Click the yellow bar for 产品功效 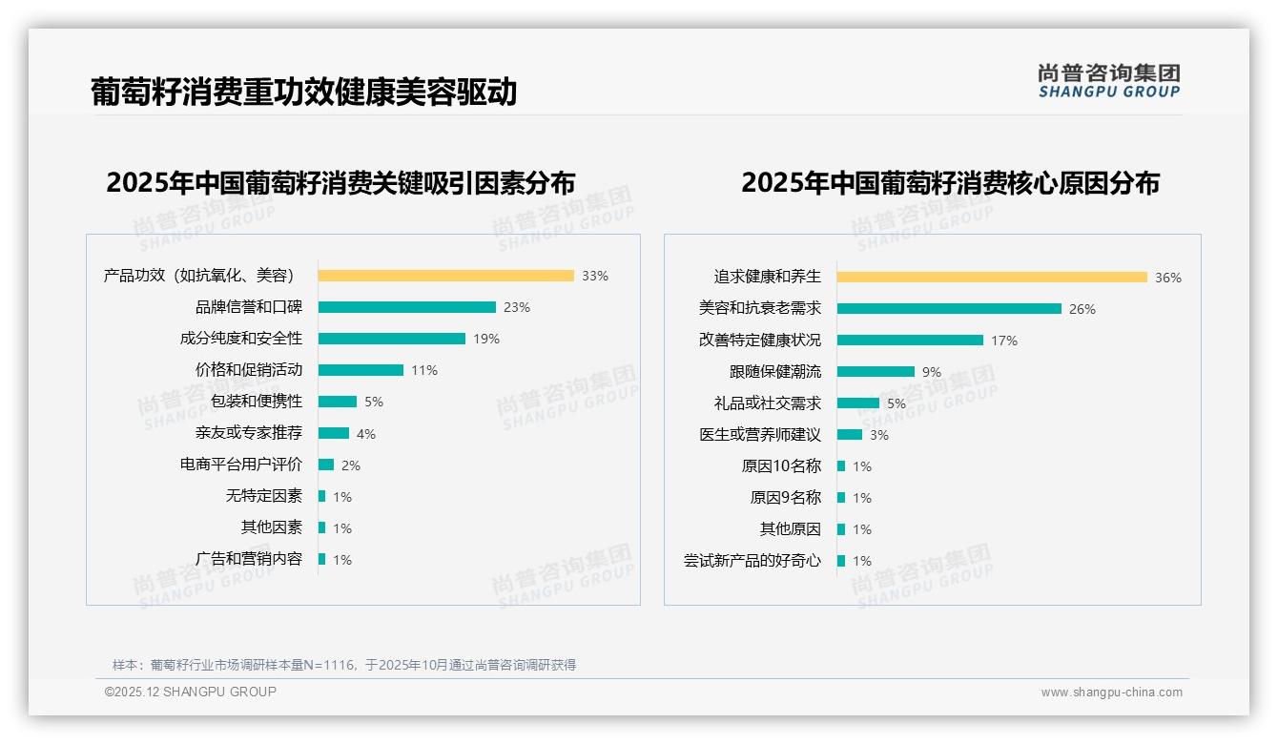tap(445, 276)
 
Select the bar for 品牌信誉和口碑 tap(406, 307)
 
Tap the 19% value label tap(486, 339)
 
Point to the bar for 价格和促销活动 tap(361, 370)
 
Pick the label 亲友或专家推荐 tap(249, 433)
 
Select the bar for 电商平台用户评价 tap(326, 465)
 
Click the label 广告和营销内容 tap(249, 559)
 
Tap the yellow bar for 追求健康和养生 tap(992, 278)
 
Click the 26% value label tap(1082, 309)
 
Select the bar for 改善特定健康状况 tap(910, 341)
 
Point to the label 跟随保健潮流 tap(775, 372)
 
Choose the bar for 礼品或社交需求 tap(858, 403)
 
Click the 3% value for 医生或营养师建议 tap(878, 435)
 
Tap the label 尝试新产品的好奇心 tap(752, 561)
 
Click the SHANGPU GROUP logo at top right tap(1108, 81)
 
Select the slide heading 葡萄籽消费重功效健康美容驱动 tap(304, 92)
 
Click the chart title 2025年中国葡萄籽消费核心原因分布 tap(950, 183)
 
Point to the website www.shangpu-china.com tap(1111, 692)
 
